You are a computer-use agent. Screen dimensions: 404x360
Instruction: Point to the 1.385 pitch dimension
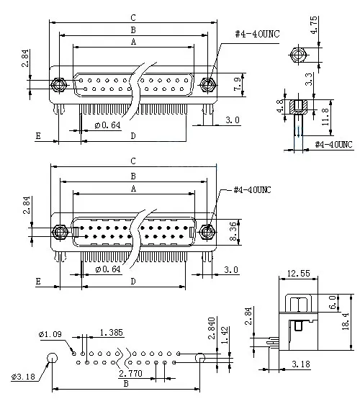pos(112,332)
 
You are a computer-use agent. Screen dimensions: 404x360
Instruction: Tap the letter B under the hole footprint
pos(127,385)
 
